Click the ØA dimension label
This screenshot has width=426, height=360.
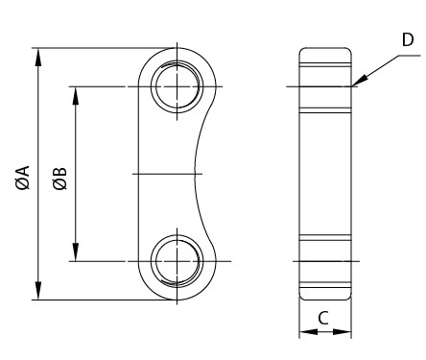[x=22, y=178]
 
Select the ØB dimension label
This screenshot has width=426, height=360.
[x=59, y=178]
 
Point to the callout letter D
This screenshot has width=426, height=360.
[x=408, y=39]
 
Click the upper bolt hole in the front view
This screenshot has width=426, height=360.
[x=177, y=87]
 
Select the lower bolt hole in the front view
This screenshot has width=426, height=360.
[x=177, y=260]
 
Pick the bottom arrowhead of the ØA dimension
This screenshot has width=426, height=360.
[x=38, y=293]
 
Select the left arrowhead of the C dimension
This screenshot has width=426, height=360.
[x=305, y=333]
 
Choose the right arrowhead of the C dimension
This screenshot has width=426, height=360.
[x=344, y=333]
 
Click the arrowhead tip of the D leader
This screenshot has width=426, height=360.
[x=353, y=86]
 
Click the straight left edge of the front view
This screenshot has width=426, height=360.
[x=140, y=174]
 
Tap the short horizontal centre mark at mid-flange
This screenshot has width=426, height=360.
[x=169, y=174]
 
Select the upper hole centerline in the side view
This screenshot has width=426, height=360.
[x=323, y=88]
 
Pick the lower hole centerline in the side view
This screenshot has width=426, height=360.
[x=323, y=260]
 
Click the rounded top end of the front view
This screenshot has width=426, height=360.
[x=177, y=48]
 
